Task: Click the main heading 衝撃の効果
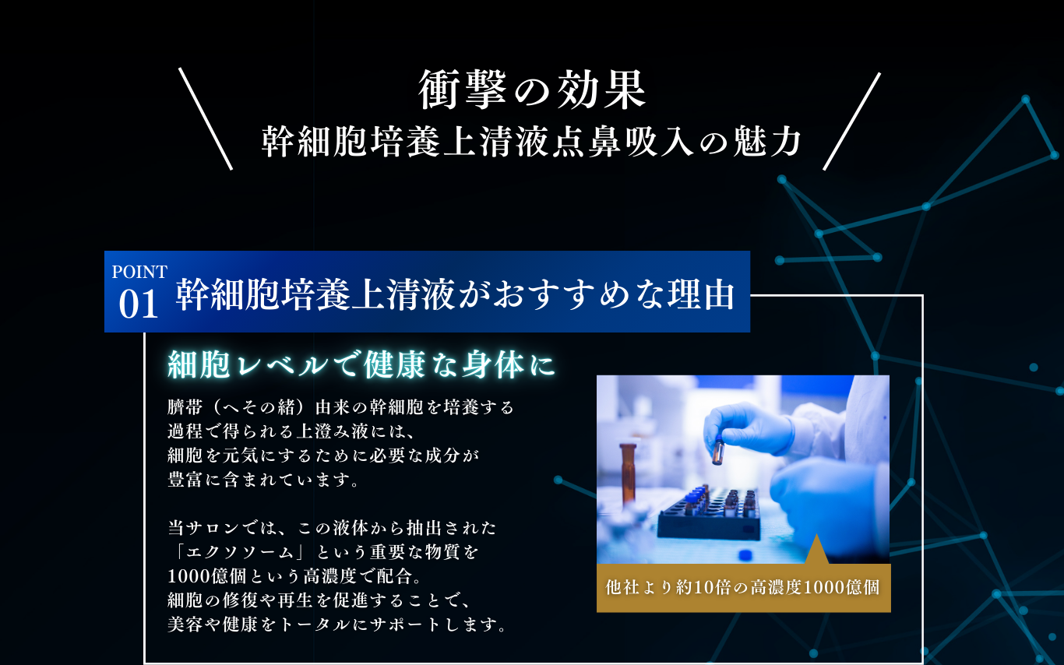[531, 90]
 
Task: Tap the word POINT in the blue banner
[139, 273]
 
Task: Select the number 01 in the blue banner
[138, 304]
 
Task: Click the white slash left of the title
[206, 118]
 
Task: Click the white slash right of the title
[851, 121]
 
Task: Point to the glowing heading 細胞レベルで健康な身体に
[361, 364]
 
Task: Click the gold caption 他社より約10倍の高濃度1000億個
[742, 588]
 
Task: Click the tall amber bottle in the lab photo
[628, 472]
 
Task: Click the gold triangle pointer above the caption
[816, 550]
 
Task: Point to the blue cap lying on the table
[745, 554]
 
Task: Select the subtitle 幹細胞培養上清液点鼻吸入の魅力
[531, 142]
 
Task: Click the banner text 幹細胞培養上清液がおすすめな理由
[455, 294]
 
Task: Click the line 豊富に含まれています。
[263, 480]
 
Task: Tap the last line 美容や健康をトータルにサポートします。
[338, 625]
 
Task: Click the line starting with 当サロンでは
[332, 528]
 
